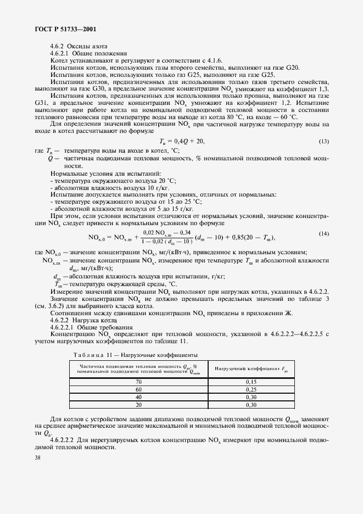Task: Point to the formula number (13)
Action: click(x=323, y=142)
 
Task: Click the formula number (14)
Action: click(x=323, y=234)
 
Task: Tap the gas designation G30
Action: click(x=95, y=88)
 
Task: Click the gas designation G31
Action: click(x=42, y=103)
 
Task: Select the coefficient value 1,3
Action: click(x=323, y=88)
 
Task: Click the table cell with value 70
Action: click(x=138, y=381)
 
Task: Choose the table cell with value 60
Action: click(x=138, y=389)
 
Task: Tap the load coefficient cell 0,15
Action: click(x=251, y=381)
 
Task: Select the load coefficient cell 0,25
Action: click(x=251, y=389)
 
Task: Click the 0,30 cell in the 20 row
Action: click(x=251, y=405)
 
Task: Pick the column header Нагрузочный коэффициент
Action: click(x=250, y=370)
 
